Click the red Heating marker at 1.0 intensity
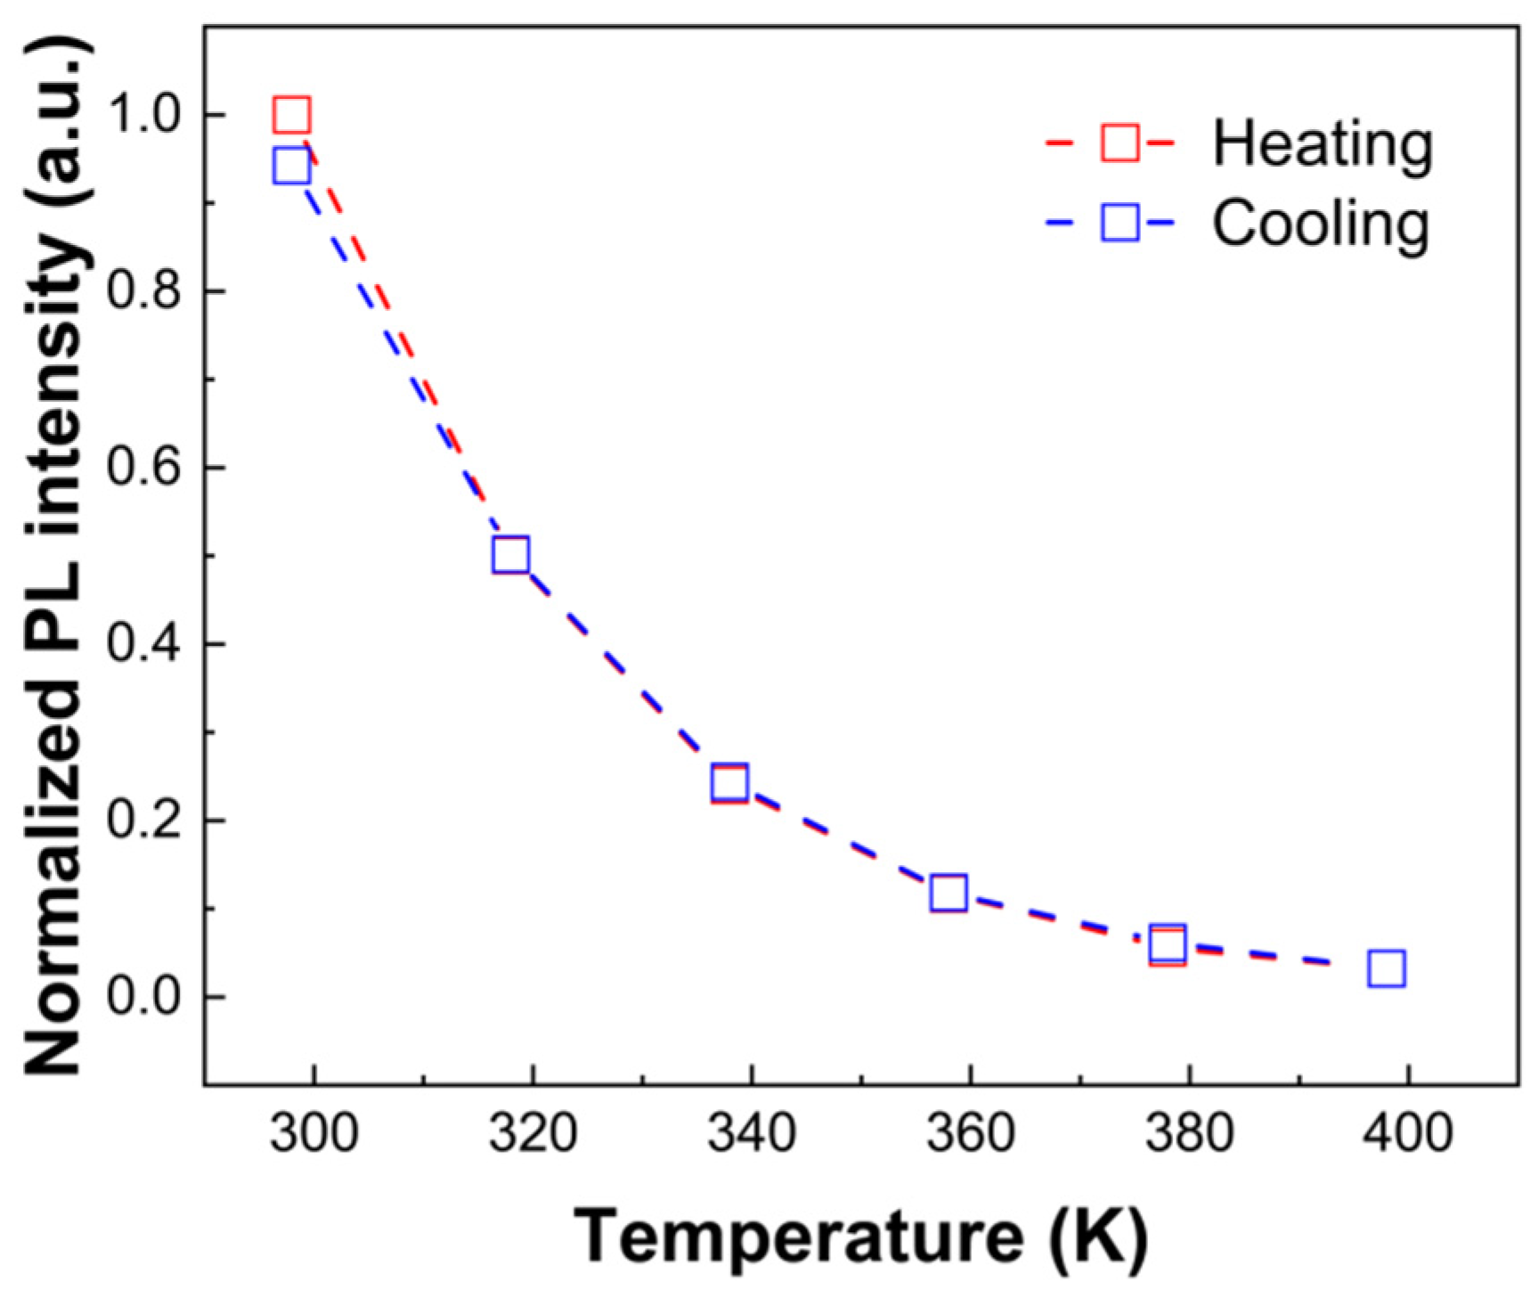[x=292, y=115]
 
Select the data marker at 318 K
[x=510, y=555]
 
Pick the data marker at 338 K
[x=729, y=783]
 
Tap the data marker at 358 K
[x=949, y=893]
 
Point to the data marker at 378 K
[x=1168, y=944]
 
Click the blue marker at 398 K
[x=1387, y=967]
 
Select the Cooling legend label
[x=1320, y=224]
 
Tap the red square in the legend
[x=1120, y=143]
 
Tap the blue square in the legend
[x=1120, y=223]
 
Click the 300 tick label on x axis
[x=313, y=1134]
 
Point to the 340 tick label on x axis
[x=752, y=1134]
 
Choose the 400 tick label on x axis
[x=1408, y=1134]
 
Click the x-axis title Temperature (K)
[x=860, y=1237]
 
